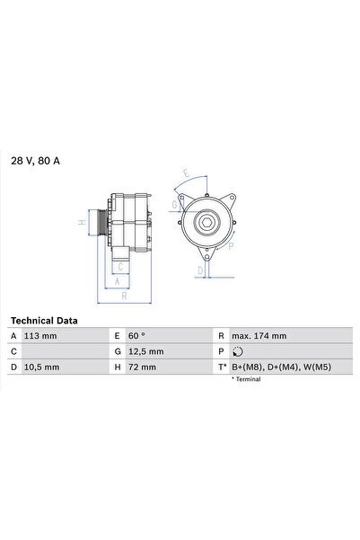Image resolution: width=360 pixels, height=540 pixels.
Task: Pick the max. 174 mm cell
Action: [259, 336]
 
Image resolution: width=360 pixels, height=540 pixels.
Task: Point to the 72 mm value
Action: [142, 367]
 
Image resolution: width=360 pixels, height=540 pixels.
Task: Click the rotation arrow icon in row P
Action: [236, 351]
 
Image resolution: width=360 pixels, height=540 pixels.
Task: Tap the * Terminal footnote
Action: [245, 379]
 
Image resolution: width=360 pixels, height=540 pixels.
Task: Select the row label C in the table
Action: [13, 351]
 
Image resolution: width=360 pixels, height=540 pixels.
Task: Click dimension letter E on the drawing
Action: [185, 173]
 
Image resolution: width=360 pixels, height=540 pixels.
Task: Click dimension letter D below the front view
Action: [200, 269]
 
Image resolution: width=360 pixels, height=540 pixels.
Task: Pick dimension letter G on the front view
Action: [174, 204]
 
